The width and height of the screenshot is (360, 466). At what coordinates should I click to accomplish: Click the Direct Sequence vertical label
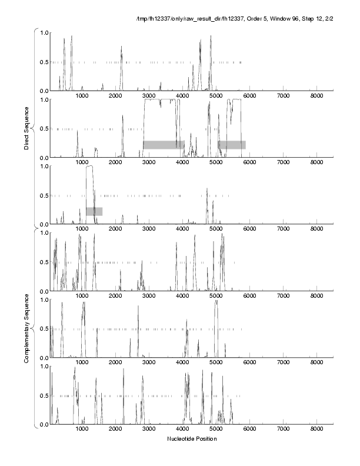(x=27, y=128)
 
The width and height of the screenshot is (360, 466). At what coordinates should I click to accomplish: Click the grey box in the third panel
(x=94, y=211)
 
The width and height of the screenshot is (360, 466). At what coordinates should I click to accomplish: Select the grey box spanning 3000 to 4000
(x=164, y=144)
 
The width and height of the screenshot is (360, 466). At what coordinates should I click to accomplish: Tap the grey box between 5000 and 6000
(x=232, y=144)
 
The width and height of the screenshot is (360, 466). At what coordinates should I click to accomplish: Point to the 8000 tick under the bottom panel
(x=317, y=429)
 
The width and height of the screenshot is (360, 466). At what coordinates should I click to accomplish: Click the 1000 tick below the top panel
(x=82, y=95)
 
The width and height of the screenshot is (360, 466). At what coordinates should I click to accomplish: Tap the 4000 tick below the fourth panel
(x=183, y=295)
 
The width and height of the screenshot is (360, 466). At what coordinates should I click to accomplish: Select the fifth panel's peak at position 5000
(x=216, y=301)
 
